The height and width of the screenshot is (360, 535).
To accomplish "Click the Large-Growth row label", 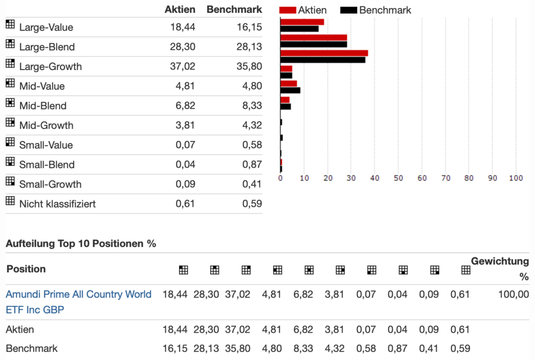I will pyautogui.click(x=50, y=67).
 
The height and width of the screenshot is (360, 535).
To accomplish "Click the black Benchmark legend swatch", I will pyautogui.click(x=348, y=10).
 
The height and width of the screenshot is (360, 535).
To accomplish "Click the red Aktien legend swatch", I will pyautogui.click(x=288, y=10).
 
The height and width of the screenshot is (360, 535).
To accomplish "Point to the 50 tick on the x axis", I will pyautogui.click(x=398, y=178).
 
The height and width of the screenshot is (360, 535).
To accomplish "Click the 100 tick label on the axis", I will pyautogui.click(x=515, y=178).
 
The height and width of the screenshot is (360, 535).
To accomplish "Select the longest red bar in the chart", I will pyautogui.click(x=324, y=53).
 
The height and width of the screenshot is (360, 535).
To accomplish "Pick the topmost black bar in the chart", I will pyautogui.click(x=299, y=28).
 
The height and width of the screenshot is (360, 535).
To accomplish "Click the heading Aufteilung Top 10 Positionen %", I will pyautogui.click(x=81, y=244).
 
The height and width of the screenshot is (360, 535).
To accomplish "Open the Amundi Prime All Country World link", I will pyautogui.click(x=79, y=294).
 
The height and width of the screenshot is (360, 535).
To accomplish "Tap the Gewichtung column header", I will pyautogui.click(x=499, y=262).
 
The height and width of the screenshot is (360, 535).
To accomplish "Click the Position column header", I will pyautogui.click(x=26, y=269).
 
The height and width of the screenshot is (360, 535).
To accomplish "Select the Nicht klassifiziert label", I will pyautogui.click(x=57, y=204).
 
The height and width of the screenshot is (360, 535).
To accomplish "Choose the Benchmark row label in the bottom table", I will pyautogui.click(x=32, y=349).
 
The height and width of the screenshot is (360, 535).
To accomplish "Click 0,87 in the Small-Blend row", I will pyautogui.click(x=251, y=165).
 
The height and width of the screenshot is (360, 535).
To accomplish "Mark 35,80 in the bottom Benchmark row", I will pyautogui.click(x=238, y=349).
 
